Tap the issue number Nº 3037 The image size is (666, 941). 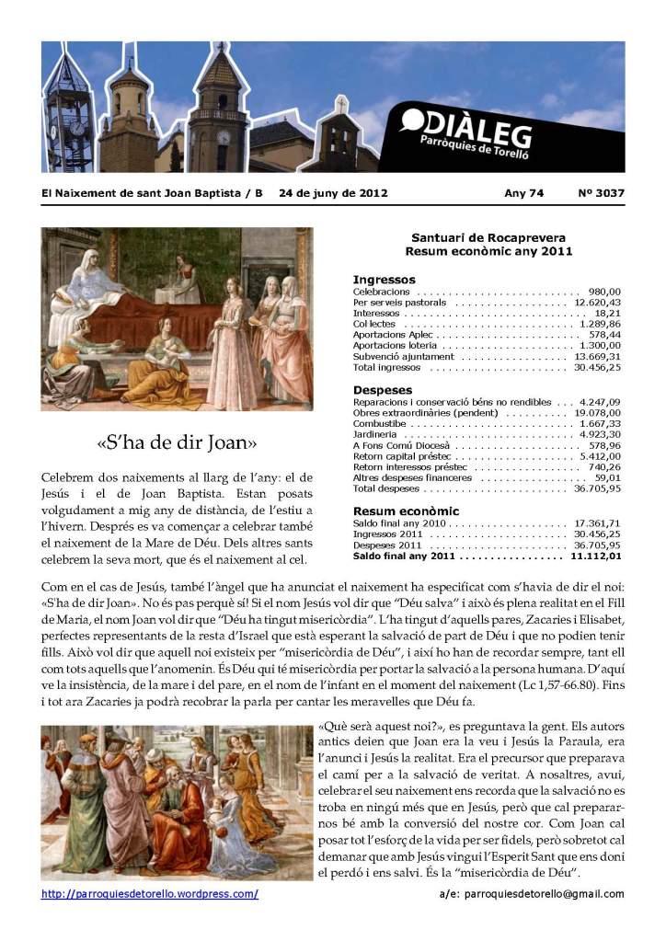pos(601,193)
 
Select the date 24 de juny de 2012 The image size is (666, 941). pos(333,193)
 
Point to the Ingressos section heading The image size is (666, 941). pos(384,279)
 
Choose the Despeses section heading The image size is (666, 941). pos(383,390)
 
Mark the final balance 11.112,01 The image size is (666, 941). pos(595,556)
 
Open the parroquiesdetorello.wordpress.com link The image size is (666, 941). pos(150,893)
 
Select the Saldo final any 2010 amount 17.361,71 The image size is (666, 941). pos(597,522)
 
